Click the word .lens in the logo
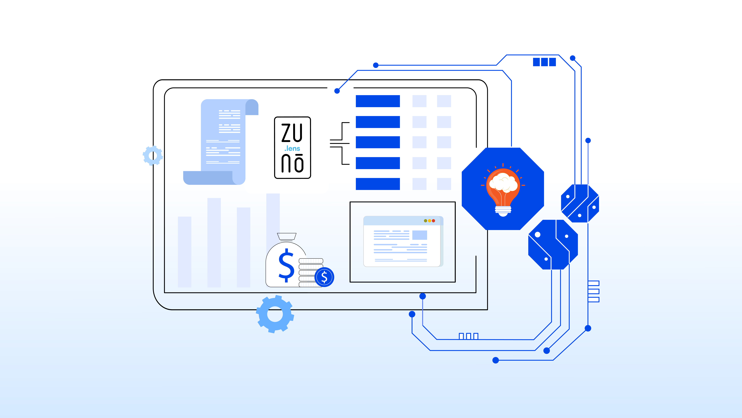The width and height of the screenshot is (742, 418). tap(292, 149)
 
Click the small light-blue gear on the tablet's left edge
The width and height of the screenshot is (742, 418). tap(153, 156)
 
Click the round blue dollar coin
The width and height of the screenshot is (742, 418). tap(324, 277)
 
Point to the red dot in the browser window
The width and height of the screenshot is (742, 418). tap(434, 221)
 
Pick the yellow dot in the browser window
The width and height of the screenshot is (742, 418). tap(429, 221)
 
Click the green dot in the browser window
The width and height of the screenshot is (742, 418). tap(425, 221)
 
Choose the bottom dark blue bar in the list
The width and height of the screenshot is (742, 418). tap(378, 184)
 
